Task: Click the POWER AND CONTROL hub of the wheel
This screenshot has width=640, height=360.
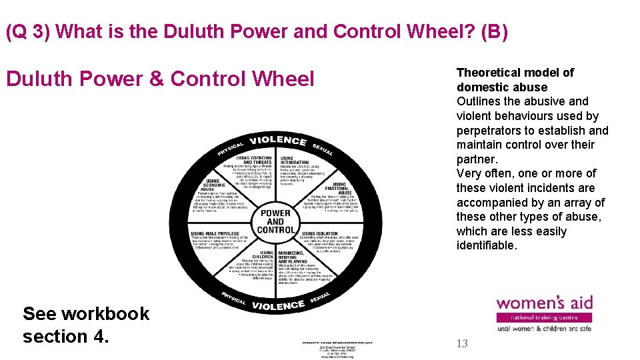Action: [x=275, y=221]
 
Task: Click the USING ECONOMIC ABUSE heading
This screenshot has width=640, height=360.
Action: [x=213, y=185]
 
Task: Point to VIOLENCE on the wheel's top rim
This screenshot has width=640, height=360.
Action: [x=278, y=141]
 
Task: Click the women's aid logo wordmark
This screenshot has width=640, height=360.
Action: [x=544, y=303]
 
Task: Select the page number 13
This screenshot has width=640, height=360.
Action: [x=463, y=344]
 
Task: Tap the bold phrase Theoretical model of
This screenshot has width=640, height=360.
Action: [x=515, y=73]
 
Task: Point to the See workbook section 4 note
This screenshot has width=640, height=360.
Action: [x=86, y=325]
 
